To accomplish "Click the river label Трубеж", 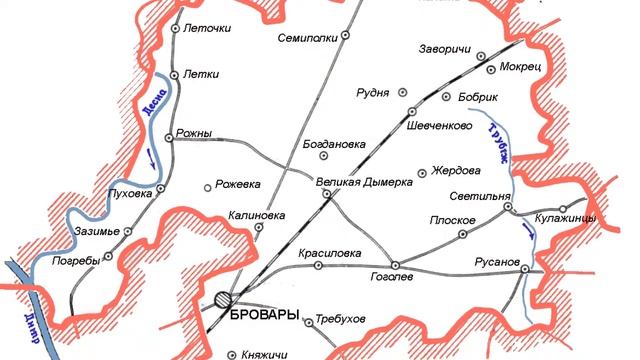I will (x=493, y=144).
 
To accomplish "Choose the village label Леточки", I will (x=207, y=29).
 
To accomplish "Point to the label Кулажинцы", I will (x=565, y=218).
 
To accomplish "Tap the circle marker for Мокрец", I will (x=490, y=67).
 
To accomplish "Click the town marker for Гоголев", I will (x=395, y=265).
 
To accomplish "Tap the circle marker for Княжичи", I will (x=233, y=353).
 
